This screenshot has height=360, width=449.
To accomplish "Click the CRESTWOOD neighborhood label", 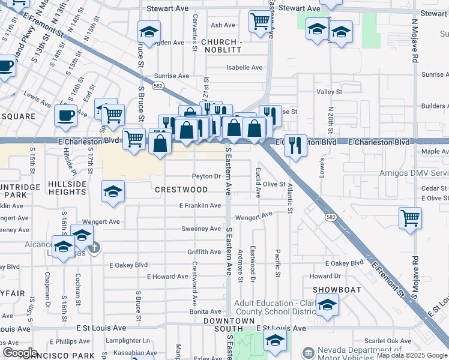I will (181, 190).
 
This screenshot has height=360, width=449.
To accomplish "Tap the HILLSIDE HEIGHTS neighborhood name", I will (67, 188).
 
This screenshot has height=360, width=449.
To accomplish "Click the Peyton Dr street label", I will (206, 176).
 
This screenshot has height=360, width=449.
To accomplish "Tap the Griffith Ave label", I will (205, 252).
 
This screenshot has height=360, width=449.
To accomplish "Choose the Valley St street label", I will (329, 92).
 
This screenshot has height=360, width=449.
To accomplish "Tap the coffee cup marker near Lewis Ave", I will (65, 114).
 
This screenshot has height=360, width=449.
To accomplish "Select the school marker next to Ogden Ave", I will (148, 31).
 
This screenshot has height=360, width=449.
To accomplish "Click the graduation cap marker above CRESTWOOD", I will (112, 191).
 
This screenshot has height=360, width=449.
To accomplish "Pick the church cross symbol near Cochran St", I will (93, 247).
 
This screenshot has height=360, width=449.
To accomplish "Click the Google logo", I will (20, 353).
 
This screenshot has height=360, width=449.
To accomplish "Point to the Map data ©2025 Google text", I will (412, 355).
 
